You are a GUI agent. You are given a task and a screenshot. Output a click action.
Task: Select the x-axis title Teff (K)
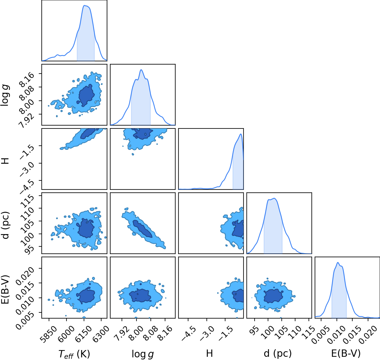point(74,354)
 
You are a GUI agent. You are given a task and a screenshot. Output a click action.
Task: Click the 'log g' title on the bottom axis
point(143,354)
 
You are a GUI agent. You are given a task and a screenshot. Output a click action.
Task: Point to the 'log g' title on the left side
point(5,95)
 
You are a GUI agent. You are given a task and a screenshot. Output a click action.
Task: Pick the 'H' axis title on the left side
point(5,161)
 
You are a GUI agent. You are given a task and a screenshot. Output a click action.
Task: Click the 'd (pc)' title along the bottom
point(278,353)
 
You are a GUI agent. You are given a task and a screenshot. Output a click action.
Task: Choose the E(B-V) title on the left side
point(5,289)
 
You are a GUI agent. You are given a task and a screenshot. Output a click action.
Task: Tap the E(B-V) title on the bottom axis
point(346,353)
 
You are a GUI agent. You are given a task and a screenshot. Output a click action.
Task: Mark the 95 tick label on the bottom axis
point(254,330)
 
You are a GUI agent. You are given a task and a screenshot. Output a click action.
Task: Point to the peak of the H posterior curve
point(241,134)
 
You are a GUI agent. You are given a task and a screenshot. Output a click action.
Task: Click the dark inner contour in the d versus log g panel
point(142,229)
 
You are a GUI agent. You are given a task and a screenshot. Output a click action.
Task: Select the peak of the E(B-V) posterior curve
point(338,262)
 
